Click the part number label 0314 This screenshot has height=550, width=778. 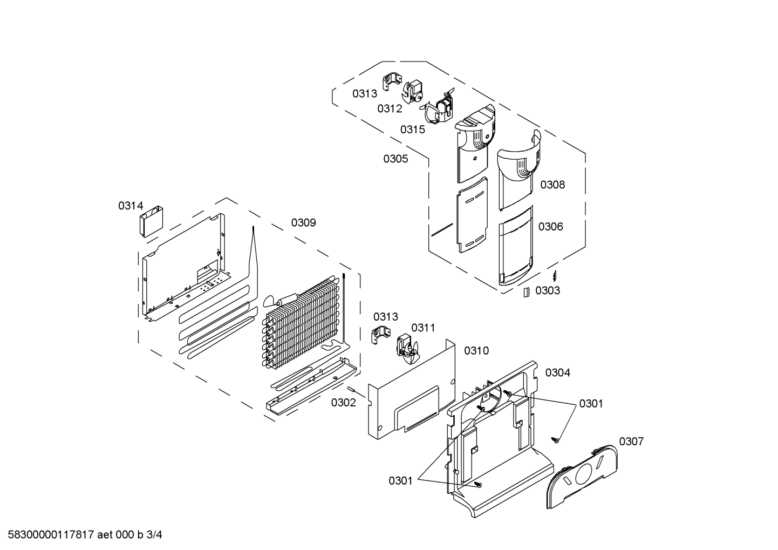click(131, 206)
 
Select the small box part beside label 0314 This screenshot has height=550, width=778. click(152, 221)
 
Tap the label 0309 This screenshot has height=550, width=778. click(304, 222)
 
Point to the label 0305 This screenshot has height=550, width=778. click(395, 159)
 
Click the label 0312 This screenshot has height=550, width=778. click(390, 108)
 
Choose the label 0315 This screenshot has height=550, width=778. click(413, 130)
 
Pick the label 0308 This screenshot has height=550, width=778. click(552, 185)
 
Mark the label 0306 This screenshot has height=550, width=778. click(551, 227)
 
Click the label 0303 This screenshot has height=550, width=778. click(548, 290)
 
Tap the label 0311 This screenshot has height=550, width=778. click(423, 328)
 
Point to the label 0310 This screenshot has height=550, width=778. click(476, 351)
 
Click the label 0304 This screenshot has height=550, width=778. click(558, 372)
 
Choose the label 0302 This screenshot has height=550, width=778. click(344, 403)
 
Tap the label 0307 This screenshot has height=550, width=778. click(631, 442)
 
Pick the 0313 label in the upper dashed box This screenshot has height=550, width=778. click(365, 93)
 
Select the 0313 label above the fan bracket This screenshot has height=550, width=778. click(386, 316)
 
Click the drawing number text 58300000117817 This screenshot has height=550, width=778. click(51, 534)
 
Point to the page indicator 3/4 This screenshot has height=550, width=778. click(154, 534)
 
